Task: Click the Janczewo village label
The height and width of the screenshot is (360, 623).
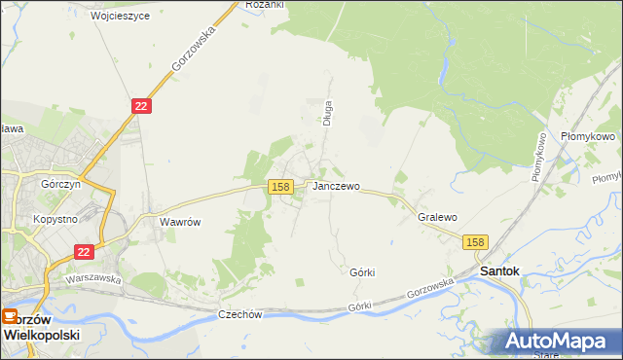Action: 336,186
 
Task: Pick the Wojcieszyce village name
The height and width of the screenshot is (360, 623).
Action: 120,17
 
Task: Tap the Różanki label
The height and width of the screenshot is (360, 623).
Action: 264,5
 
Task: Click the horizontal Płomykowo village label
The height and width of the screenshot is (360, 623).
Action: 588,137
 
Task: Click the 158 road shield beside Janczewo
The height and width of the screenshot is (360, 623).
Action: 280,186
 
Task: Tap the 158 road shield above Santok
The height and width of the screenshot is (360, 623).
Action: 474,242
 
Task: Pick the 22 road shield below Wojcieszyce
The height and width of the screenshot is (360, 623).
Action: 141,106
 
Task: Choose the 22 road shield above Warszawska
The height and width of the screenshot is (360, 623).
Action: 84,252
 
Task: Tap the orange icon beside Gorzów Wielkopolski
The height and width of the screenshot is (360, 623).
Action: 9,316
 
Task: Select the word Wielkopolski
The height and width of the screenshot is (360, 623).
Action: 41,334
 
